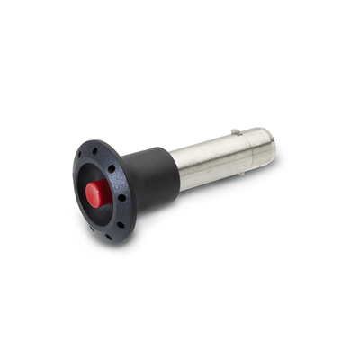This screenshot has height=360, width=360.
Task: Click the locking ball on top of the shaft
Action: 235,132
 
